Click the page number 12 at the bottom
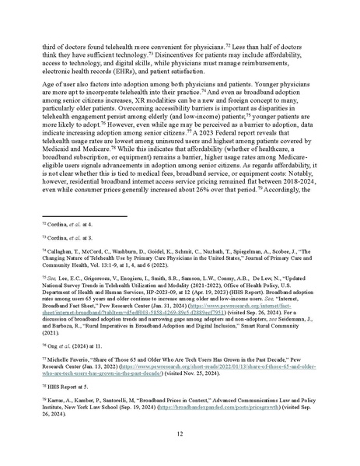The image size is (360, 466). tap(180, 433)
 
